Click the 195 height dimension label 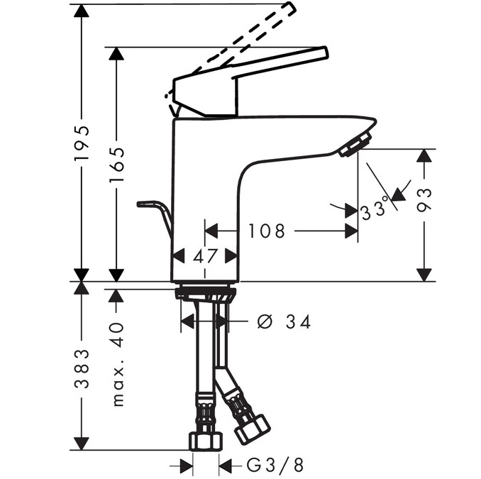(82, 143)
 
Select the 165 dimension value (117, 164)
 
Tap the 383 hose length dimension (82, 369)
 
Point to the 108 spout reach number (266, 231)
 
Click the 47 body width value (205, 256)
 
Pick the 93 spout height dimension (424, 200)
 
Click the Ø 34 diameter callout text (284, 322)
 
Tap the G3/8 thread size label (275, 466)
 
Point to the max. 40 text (118, 364)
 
